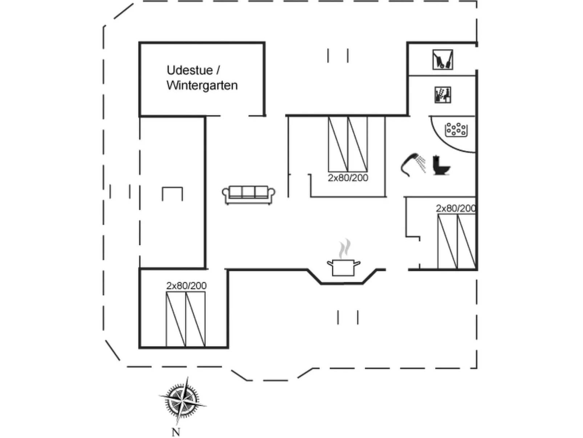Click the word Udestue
(x=189, y=70)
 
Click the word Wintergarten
(x=202, y=85)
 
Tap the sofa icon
(x=249, y=195)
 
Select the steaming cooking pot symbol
(x=343, y=267)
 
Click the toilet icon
(x=441, y=165)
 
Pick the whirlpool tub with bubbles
(x=456, y=130)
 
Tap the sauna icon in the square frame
(x=443, y=95)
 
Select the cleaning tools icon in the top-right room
(x=443, y=60)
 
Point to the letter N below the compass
(x=176, y=432)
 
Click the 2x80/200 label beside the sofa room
(x=348, y=178)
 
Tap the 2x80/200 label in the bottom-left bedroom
(x=186, y=286)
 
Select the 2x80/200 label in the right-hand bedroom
(x=456, y=208)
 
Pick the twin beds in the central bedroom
(x=348, y=144)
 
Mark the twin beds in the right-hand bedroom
(x=457, y=242)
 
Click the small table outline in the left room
(x=172, y=194)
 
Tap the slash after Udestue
(x=218, y=70)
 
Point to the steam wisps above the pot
(x=344, y=248)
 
